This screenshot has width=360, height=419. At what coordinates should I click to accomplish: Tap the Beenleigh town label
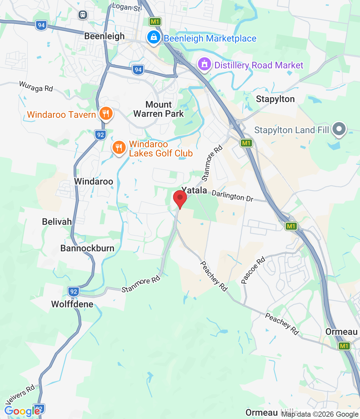[104, 36]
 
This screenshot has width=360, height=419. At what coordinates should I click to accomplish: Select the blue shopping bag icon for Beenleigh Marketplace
[153, 37]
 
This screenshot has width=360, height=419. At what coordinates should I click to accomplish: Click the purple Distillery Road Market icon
[205, 64]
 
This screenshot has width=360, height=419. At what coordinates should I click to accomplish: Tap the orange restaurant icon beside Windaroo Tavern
[106, 114]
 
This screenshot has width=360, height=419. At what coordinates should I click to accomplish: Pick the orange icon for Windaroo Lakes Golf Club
[119, 148]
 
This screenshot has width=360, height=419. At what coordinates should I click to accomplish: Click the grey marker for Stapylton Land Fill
[339, 129]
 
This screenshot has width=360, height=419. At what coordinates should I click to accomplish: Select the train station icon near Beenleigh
[83, 14]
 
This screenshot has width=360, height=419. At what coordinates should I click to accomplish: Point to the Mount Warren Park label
[159, 109]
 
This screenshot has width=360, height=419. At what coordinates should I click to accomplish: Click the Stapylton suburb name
[275, 99]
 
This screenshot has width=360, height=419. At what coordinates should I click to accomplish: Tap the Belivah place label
[57, 222]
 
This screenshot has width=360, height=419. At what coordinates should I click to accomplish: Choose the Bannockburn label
[87, 248]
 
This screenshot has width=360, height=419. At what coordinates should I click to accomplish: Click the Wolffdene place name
[72, 304]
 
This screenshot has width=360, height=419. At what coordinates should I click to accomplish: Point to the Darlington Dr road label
[232, 196]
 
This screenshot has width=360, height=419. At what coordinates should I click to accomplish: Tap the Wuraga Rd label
[36, 86]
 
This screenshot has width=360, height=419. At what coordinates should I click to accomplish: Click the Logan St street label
[126, 7]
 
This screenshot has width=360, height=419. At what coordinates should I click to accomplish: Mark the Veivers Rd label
[20, 394]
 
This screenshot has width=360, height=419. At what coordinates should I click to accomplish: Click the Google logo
[22, 411]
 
